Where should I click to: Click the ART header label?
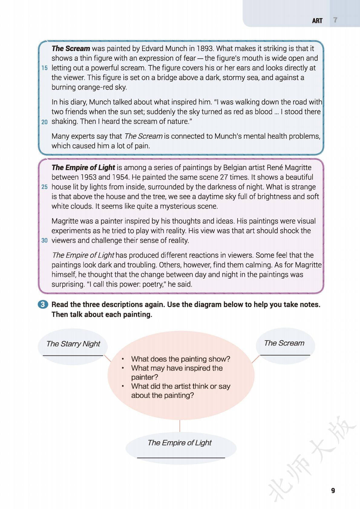click(317, 21)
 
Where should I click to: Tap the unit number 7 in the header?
click(335, 20)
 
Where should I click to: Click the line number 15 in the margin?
click(44, 68)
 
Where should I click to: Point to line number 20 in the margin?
click(44, 122)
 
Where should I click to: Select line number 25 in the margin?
click(44, 187)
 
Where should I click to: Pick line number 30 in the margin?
click(44, 241)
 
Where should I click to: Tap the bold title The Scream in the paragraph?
click(70, 49)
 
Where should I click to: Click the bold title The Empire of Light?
click(83, 167)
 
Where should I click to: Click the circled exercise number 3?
click(43, 304)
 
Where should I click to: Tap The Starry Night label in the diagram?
click(73, 344)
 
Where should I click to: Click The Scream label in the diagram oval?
click(284, 343)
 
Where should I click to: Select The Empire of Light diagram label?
click(179, 443)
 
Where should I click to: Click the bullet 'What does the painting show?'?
click(181, 359)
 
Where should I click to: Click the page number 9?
click(333, 491)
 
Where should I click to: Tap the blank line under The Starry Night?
click(73, 355)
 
